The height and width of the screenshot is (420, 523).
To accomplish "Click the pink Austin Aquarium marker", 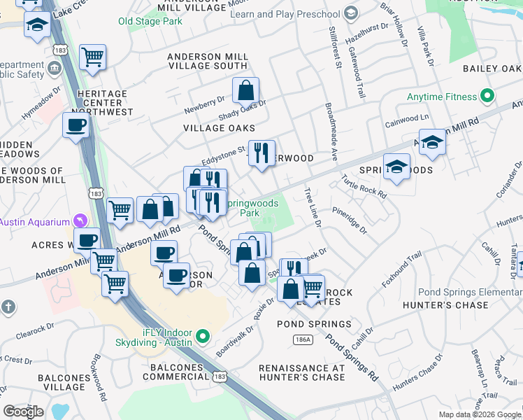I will [x=82, y=220].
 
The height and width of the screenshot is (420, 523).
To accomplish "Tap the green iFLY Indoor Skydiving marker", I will [x=203, y=337].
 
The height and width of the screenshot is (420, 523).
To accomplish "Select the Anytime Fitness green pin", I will [x=487, y=97].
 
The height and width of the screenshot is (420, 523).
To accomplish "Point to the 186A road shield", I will [x=301, y=339].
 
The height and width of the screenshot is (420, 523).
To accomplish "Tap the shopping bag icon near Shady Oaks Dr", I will [x=245, y=90].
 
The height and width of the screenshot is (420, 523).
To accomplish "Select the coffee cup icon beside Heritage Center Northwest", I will [x=76, y=125].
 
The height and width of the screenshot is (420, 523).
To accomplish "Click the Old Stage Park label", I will [x=150, y=22].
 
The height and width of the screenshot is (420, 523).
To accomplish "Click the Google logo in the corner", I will [x=23, y=411].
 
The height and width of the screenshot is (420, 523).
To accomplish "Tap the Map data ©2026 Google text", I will [x=479, y=414].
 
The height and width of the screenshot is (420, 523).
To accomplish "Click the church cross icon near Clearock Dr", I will [x=8, y=306].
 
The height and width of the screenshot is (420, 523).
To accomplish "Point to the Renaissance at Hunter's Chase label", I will [x=302, y=372].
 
